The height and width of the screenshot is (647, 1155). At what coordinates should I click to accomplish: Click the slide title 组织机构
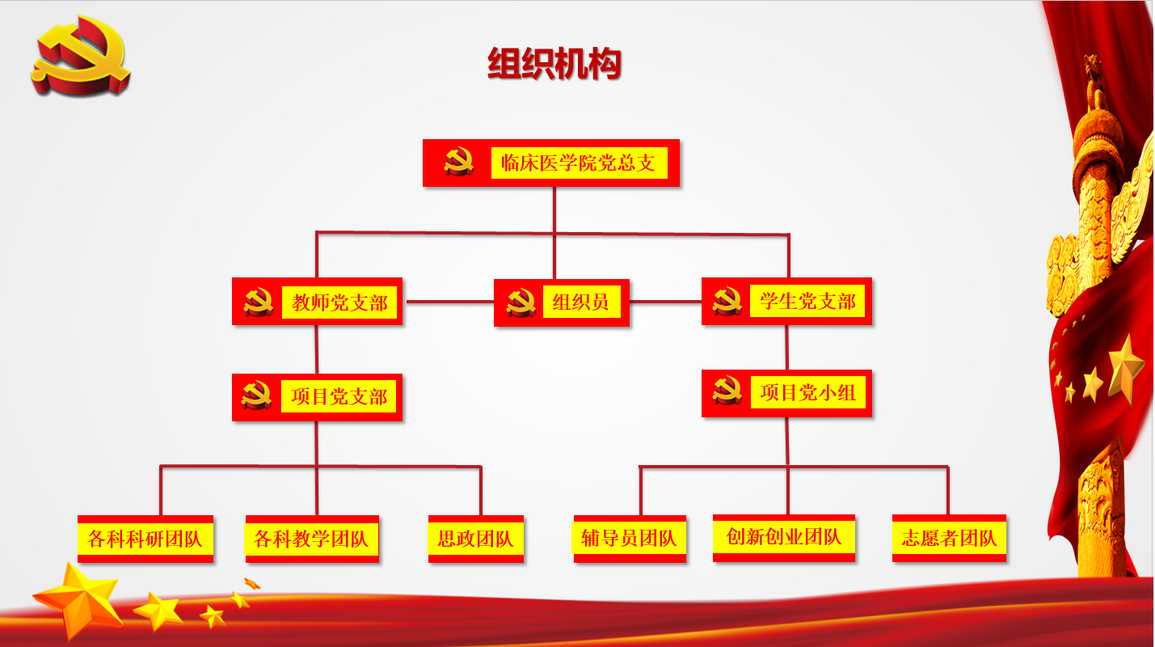click(x=554, y=63)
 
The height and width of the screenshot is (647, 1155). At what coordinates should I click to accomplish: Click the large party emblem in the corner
click(x=81, y=56)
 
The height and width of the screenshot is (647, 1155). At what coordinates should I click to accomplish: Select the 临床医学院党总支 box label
click(x=579, y=163)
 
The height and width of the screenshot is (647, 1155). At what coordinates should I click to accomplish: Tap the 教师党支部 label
click(x=339, y=302)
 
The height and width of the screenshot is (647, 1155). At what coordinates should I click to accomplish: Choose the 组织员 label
click(x=580, y=302)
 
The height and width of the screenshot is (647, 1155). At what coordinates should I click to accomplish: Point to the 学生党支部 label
click(x=808, y=302)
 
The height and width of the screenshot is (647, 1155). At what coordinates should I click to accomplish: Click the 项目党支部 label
click(x=339, y=396)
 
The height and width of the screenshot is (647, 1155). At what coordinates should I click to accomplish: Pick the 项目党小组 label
click(x=808, y=393)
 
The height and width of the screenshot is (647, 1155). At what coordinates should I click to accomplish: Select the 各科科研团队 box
click(x=145, y=539)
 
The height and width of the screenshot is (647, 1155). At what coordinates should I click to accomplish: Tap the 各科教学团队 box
click(x=312, y=539)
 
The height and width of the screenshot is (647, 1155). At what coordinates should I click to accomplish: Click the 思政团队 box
click(x=476, y=539)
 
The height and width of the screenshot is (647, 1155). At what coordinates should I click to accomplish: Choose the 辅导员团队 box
click(x=630, y=539)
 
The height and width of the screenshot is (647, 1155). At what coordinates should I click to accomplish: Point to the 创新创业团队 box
click(x=784, y=538)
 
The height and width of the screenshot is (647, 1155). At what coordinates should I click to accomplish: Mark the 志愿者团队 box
click(x=949, y=538)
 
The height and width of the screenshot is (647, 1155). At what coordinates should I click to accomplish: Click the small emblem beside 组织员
click(x=521, y=302)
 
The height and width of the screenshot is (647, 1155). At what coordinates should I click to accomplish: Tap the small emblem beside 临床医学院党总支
click(x=459, y=162)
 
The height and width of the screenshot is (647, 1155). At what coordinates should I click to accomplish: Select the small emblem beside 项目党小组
click(x=727, y=391)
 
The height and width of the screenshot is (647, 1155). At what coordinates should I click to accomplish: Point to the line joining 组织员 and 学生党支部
click(x=666, y=302)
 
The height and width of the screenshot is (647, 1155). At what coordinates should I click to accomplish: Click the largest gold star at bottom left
click(x=78, y=598)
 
